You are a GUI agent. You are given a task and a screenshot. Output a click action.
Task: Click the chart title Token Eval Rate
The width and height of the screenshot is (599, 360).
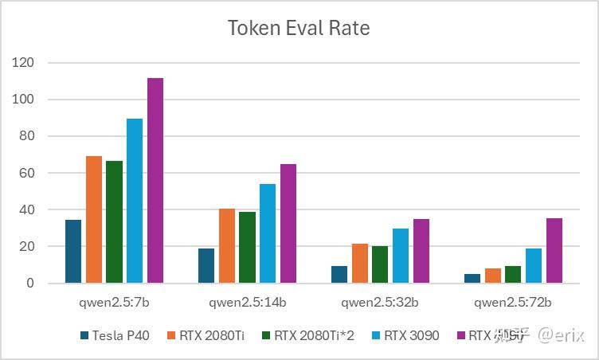(299, 28)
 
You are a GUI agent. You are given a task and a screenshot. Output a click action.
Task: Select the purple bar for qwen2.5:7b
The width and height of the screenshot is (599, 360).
(155, 181)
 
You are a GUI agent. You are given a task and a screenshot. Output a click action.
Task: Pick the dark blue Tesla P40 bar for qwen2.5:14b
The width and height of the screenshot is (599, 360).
(206, 266)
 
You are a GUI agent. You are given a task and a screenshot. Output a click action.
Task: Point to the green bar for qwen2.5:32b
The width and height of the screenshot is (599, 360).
(379, 264)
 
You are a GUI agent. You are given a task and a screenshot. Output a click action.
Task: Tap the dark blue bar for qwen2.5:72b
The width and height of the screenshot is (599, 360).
(472, 279)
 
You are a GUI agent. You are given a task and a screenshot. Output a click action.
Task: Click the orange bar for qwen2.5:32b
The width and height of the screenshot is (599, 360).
(360, 264)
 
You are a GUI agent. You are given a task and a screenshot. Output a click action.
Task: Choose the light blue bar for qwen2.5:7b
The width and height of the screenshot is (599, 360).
(135, 201)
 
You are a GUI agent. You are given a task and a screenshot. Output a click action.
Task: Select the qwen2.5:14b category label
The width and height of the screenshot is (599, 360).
(247, 303)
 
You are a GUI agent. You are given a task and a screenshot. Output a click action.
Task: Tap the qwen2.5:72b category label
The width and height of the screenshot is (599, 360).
(512, 303)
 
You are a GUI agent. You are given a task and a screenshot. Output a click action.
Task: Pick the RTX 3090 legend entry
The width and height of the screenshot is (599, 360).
(411, 335)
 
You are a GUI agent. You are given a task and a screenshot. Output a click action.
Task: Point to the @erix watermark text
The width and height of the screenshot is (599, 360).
(561, 335)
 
